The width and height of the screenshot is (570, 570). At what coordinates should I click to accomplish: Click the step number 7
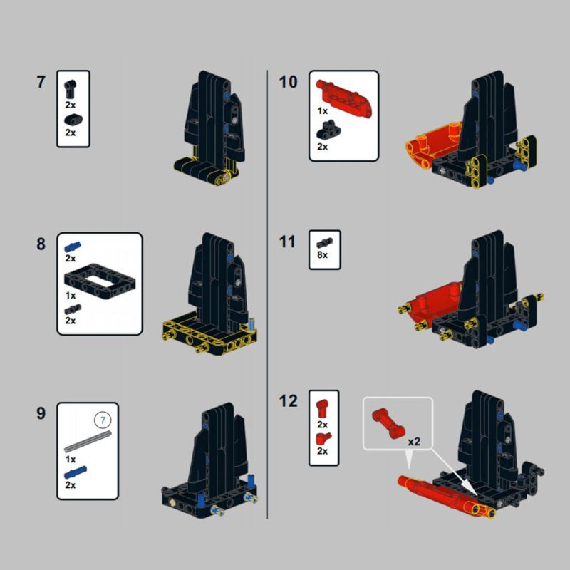(x=41, y=82)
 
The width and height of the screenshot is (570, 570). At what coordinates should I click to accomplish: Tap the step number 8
(x=41, y=244)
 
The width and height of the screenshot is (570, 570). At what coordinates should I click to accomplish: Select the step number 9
(x=41, y=413)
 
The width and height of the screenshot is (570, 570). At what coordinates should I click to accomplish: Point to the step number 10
(x=288, y=82)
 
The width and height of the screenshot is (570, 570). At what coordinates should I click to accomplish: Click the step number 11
(x=287, y=242)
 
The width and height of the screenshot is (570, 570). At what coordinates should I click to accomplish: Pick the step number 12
(x=288, y=401)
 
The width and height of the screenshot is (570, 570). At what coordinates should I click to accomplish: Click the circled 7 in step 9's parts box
(x=103, y=420)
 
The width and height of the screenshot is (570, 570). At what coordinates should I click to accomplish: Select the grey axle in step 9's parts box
(x=88, y=441)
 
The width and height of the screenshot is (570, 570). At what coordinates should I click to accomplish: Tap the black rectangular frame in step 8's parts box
(x=100, y=281)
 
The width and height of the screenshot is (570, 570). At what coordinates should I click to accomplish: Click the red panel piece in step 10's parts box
(x=344, y=95)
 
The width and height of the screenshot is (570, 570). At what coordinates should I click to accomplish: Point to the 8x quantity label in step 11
(x=323, y=255)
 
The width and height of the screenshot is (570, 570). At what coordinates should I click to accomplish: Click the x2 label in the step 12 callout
(x=414, y=442)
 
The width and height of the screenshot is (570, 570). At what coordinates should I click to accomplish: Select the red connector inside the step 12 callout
(x=388, y=423)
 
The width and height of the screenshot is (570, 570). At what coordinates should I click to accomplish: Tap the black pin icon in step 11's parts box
(x=324, y=242)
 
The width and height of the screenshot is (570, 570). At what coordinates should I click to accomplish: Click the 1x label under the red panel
(x=323, y=111)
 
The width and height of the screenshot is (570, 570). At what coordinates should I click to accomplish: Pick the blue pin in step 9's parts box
(x=76, y=472)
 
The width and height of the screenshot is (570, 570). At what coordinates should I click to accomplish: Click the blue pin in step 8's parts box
(x=73, y=247)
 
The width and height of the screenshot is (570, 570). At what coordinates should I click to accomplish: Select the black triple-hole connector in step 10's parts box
(x=328, y=130)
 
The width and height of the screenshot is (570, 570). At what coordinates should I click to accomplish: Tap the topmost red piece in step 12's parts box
(x=322, y=408)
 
